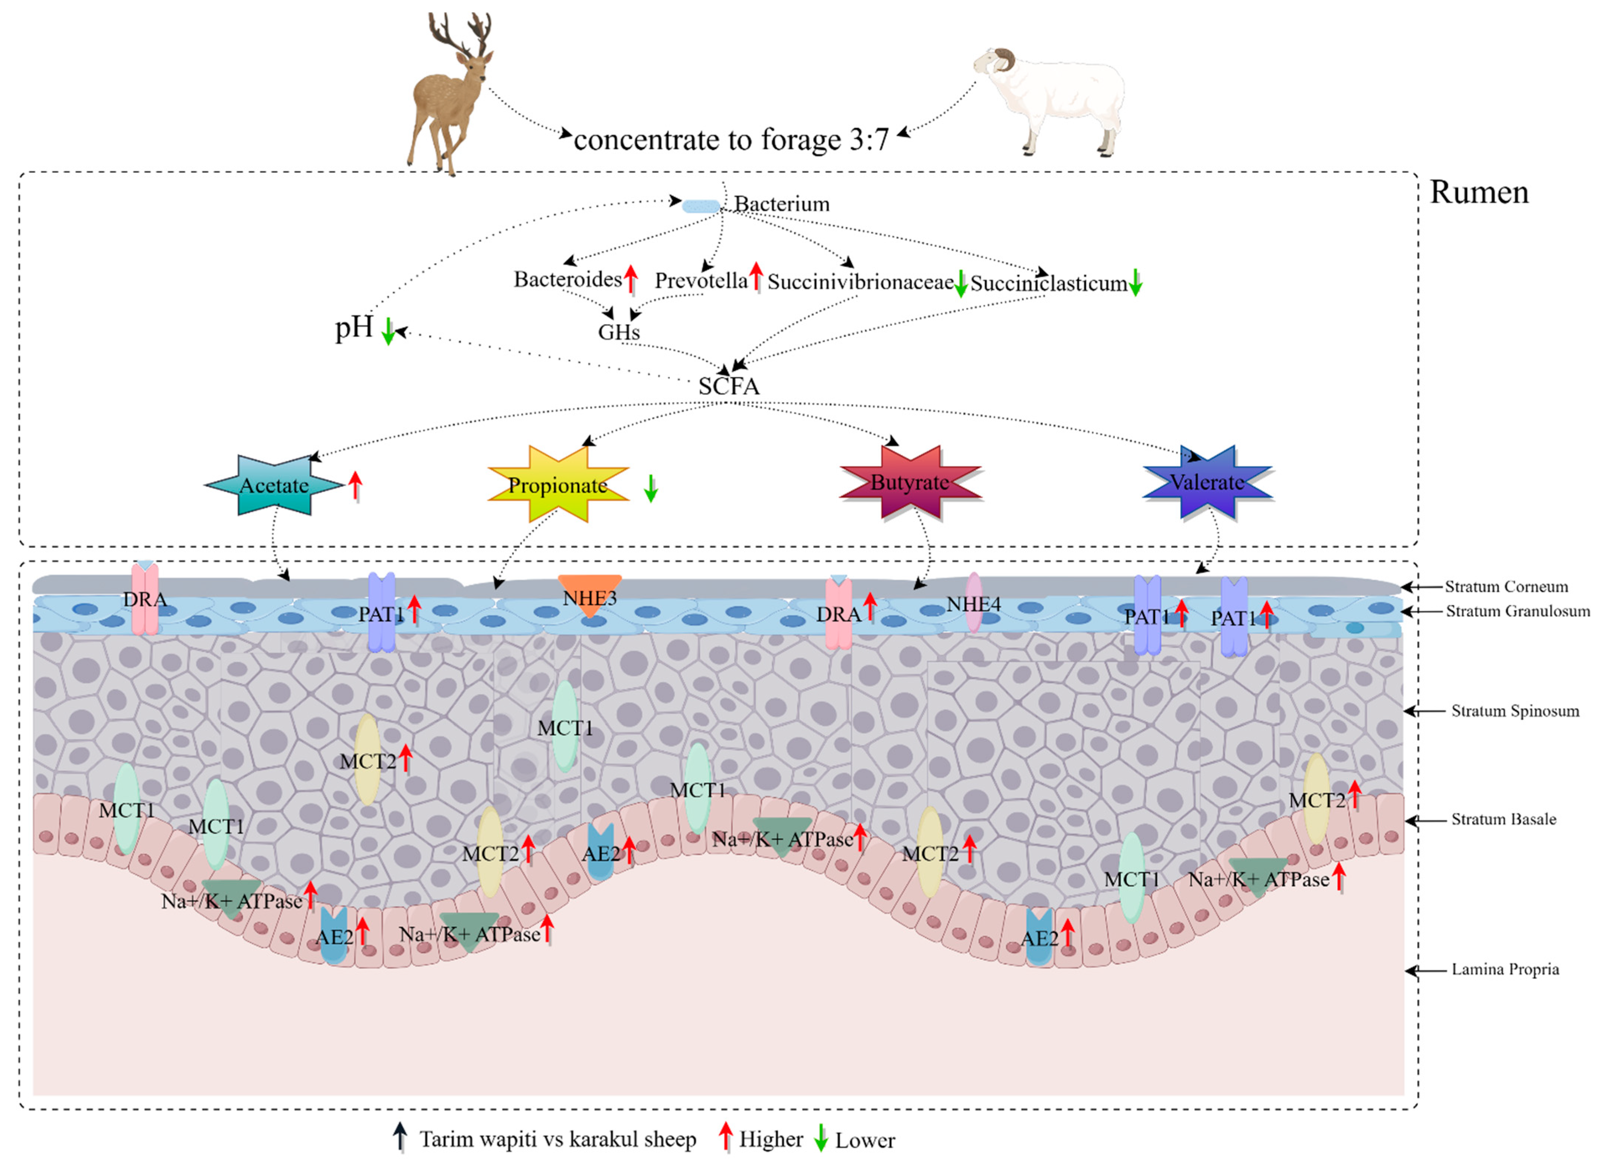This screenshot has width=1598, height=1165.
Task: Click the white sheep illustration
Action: (x=1051, y=99)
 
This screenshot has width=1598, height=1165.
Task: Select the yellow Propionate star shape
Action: (x=557, y=485)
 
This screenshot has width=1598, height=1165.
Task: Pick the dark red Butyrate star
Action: (x=910, y=483)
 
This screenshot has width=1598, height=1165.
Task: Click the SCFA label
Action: (x=729, y=386)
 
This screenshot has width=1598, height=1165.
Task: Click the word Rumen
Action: (x=1479, y=193)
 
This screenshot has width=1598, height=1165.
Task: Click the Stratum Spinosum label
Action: (x=1515, y=711)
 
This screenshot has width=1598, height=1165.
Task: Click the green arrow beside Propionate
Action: (x=651, y=488)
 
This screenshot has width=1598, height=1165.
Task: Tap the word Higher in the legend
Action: (x=771, y=1140)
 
